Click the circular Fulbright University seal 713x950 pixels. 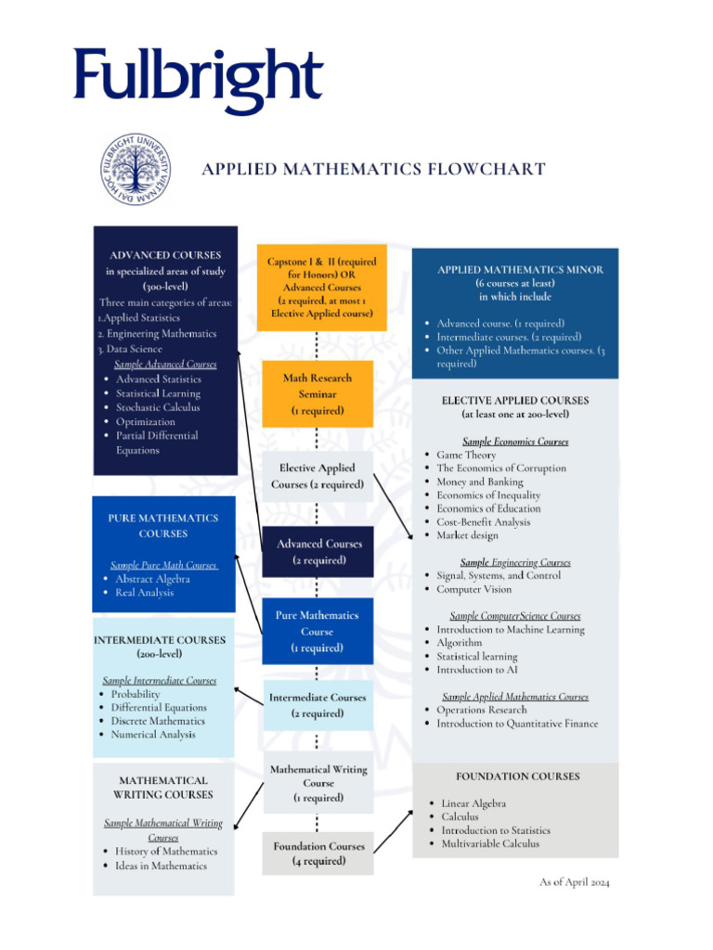click(x=135, y=169)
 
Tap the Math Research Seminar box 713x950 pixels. click(x=318, y=394)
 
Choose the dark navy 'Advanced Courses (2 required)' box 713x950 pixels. click(x=318, y=552)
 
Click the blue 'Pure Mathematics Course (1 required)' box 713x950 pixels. click(x=318, y=631)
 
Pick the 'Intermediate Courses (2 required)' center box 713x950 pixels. click(x=318, y=705)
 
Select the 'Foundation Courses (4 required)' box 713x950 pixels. click(x=318, y=854)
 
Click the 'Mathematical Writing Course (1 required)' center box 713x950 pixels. click(x=318, y=783)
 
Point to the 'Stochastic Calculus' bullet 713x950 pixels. click(x=158, y=407)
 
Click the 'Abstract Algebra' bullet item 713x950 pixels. click(x=152, y=579)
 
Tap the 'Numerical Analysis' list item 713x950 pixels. click(x=153, y=735)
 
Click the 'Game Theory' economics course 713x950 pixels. click(x=466, y=456)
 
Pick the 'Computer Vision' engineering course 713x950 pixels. click(x=473, y=589)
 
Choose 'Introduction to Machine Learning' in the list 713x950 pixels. click(x=511, y=630)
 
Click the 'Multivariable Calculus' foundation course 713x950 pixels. click(x=489, y=843)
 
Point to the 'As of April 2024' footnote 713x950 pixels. click(x=575, y=881)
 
